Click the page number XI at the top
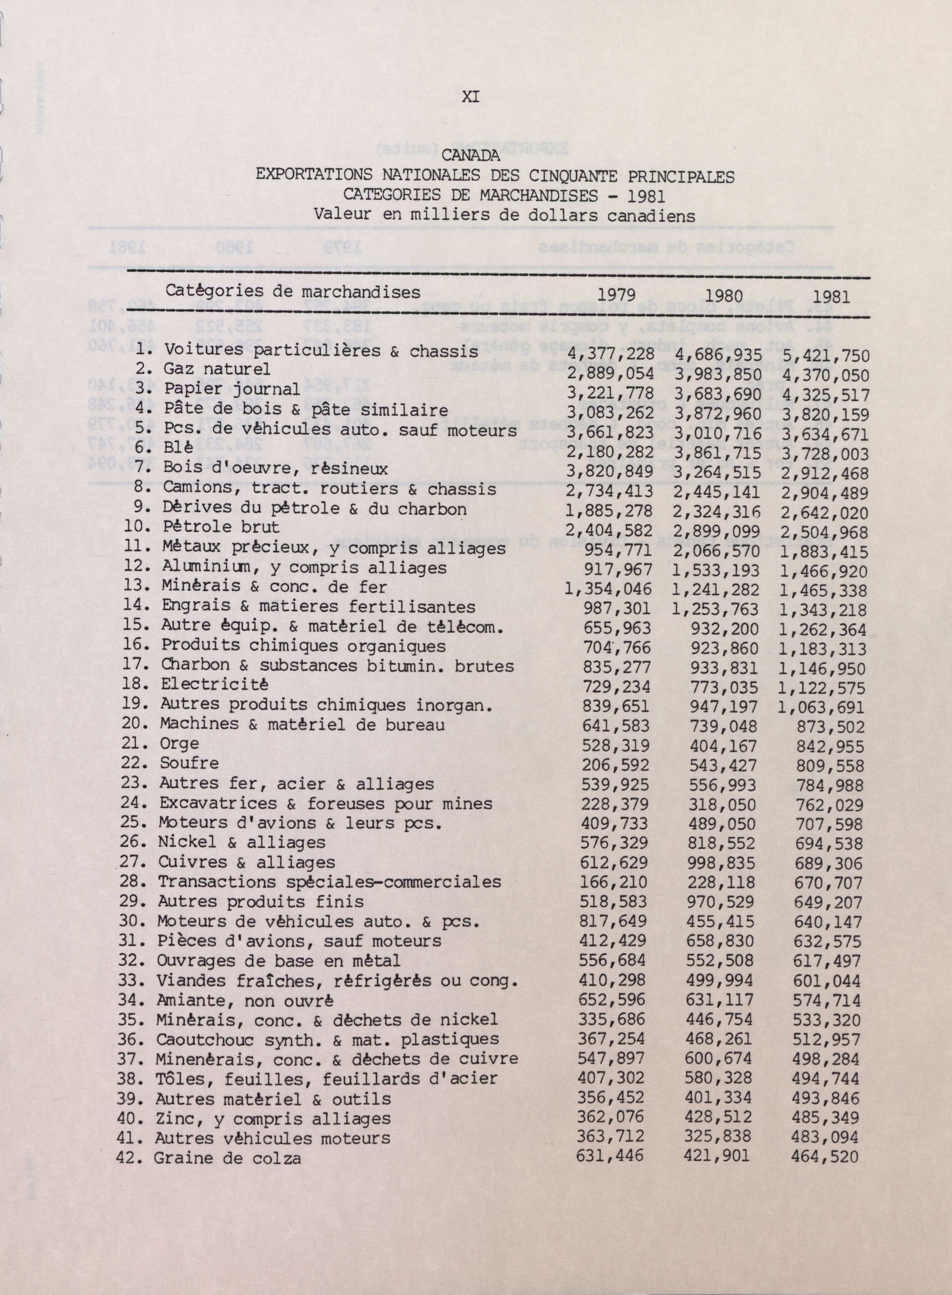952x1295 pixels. point(471,97)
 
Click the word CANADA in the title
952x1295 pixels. point(471,155)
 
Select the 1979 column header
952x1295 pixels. point(617,295)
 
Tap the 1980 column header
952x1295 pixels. point(724,296)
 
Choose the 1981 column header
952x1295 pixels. point(832,297)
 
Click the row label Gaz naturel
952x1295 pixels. point(217,369)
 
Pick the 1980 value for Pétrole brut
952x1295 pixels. point(718,531)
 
